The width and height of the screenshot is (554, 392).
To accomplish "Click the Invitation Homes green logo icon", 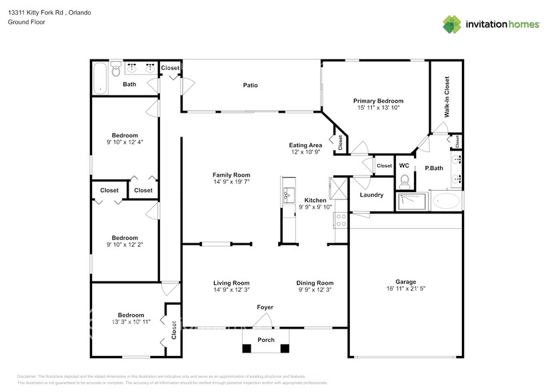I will [x=452, y=24].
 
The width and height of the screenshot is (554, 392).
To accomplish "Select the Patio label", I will [x=250, y=85].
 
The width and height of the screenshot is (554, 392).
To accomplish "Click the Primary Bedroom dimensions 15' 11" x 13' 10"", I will [x=377, y=107].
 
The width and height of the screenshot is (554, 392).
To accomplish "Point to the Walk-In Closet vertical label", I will [x=447, y=97].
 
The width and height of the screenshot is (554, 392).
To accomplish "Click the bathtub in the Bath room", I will [x=100, y=77].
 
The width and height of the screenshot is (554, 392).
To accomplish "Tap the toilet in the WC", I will [x=404, y=180].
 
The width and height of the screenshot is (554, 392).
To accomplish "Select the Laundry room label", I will [x=371, y=195].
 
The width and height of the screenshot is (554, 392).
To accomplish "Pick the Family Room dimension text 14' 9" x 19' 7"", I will [x=231, y=182].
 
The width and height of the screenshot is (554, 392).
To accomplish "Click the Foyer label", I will [x=265, y=307].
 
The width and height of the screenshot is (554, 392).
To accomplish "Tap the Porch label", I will [x=265, y=340].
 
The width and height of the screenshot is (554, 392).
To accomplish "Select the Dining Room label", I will [x=315, y=283].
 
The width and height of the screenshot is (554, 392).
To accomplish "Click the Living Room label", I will [x=231, y=283].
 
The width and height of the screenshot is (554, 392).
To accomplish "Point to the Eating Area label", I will [x=305, y=145].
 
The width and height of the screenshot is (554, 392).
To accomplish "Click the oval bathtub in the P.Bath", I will [x=445, y=201].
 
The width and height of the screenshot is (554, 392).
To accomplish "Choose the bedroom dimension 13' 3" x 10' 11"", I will [x=131, y=322].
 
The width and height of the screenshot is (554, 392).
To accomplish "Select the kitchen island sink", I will [x=289, y=195].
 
